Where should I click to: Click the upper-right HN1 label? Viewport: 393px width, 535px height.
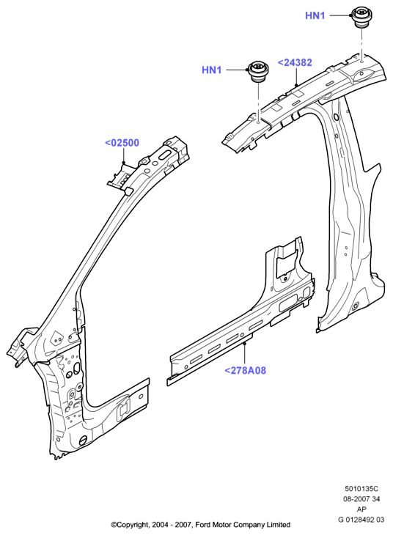tap(315, 15)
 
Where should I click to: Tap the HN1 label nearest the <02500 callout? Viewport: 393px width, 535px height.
tap(211, 70)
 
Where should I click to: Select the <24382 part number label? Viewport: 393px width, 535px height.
tap(295, 63)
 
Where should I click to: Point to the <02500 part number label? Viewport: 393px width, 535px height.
tap(122, 143)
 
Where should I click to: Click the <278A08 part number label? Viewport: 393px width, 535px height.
tap(245, 370)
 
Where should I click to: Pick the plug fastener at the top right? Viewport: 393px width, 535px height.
tap(361, 16)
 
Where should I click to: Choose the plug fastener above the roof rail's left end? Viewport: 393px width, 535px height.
tap(258, 71)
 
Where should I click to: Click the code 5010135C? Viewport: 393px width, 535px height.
tap(361, 489)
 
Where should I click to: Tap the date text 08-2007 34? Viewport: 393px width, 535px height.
tap(361, 499)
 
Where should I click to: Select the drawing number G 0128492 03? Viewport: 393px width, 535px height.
tap(361, 520)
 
